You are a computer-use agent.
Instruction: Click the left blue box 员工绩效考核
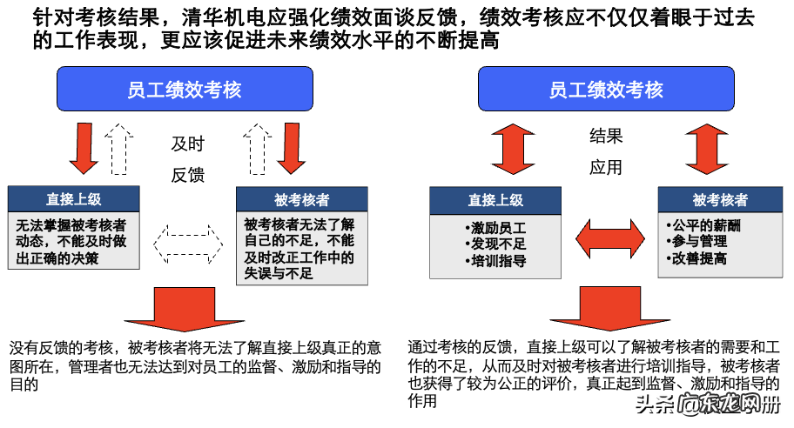185,90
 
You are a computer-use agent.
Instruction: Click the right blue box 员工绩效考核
606,90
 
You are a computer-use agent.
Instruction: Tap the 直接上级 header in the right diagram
495,200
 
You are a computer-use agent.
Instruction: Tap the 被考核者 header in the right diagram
720,200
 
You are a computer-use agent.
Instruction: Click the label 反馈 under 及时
187,175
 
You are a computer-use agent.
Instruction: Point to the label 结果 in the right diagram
607,137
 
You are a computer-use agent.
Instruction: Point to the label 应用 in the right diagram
607,167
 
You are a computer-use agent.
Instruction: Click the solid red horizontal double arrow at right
608,237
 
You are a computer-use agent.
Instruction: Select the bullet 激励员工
495,228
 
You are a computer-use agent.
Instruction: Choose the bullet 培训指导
495,260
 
